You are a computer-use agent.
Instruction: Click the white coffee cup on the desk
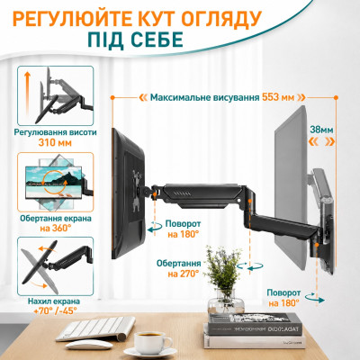(152, 343)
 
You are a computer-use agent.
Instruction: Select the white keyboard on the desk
(95, 328)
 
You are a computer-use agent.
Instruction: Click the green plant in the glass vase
(223, 267)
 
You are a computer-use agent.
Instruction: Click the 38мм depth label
(321, 130)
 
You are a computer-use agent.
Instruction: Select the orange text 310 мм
(55, 142)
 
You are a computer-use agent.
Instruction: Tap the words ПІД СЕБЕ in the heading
(135, 40)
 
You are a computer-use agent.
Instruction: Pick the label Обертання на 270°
(179, 268)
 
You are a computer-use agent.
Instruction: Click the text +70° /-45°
(55, 310)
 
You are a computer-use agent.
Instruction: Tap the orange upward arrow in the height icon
(27, 94)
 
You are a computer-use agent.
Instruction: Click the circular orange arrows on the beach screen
(54, 182)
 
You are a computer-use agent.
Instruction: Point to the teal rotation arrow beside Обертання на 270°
(249, 266)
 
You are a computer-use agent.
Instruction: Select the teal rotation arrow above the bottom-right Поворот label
(315, 298)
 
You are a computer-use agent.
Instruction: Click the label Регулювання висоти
(56, 132)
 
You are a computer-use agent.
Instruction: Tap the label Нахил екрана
(54, 301)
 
